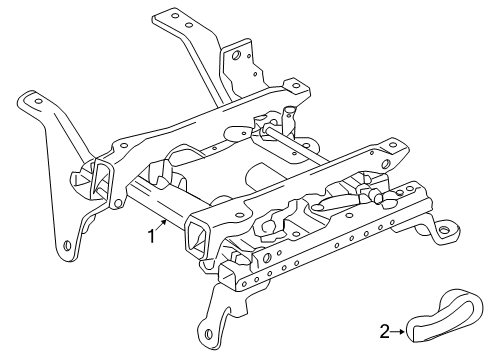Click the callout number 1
(x=150, y=236)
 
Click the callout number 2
(x=385, y=327)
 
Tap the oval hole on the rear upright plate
(x=235, y=56)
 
